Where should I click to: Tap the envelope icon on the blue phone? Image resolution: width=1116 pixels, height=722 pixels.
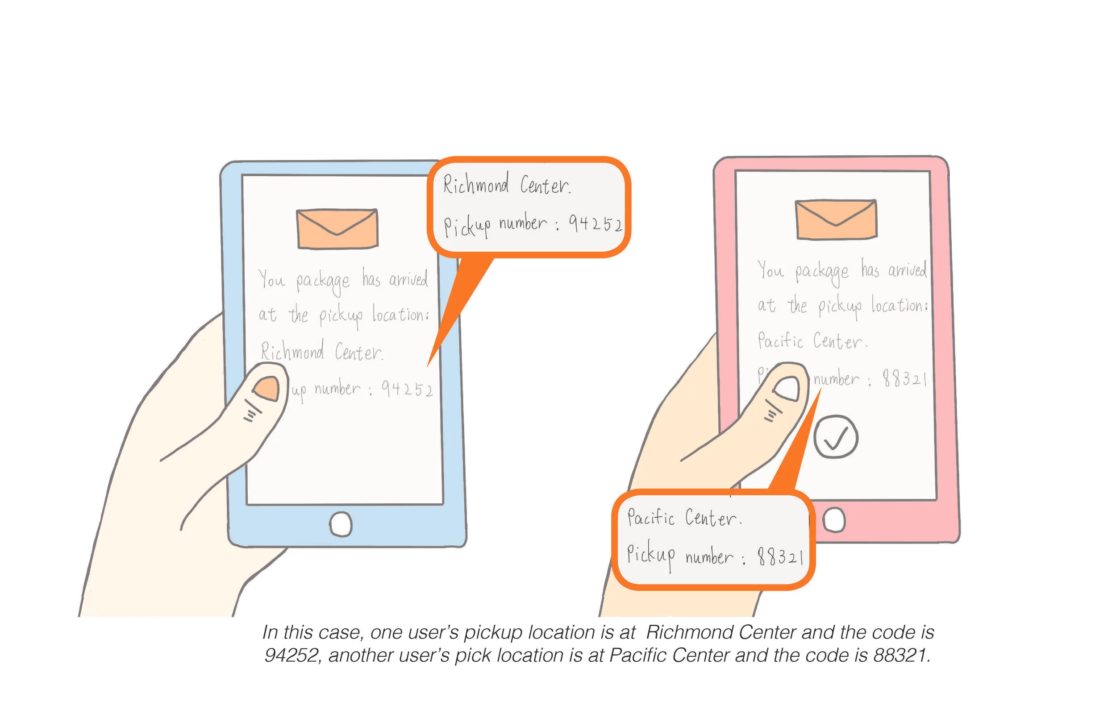tap(337, 229)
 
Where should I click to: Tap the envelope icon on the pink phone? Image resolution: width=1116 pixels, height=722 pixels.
tap(836, 220)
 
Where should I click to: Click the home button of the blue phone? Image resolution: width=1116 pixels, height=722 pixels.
tap(341, 524)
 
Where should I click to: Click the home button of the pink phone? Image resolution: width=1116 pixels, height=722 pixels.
tap(834, 520)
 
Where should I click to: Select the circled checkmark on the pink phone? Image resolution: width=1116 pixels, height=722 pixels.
tap(836, 436)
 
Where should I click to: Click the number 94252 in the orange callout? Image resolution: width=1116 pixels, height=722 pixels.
tap(595, 224)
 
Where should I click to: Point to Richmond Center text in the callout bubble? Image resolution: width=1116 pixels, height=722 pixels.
tap(506, 184)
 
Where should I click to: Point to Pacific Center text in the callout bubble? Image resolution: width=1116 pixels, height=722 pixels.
tap(684, 518)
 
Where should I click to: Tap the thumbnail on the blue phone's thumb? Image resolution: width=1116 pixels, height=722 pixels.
tap(267, 388)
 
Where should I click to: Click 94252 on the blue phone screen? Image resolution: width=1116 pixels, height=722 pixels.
tap(407, 389)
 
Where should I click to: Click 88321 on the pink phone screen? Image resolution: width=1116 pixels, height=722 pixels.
tap(904, 378)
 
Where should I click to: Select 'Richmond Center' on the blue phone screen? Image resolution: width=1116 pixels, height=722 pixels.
tap(322, 352)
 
